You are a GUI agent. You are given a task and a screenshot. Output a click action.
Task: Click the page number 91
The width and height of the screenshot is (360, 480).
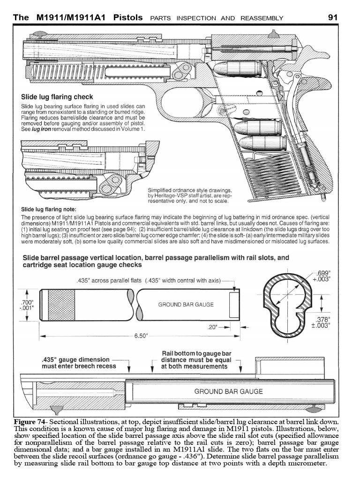tap(333, 17)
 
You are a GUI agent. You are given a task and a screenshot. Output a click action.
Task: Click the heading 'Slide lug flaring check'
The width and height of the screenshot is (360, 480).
tap(57, 97)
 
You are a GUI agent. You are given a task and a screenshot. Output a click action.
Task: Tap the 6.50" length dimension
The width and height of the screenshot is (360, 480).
tap(141, 336)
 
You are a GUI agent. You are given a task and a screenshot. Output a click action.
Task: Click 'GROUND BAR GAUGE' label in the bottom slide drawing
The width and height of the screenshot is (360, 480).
tap(228, 391)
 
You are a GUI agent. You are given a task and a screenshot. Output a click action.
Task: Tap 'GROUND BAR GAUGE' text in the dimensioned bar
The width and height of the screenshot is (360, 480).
tap(186, 304)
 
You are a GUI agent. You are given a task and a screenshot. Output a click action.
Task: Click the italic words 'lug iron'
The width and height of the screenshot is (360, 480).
tap(41, 128)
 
